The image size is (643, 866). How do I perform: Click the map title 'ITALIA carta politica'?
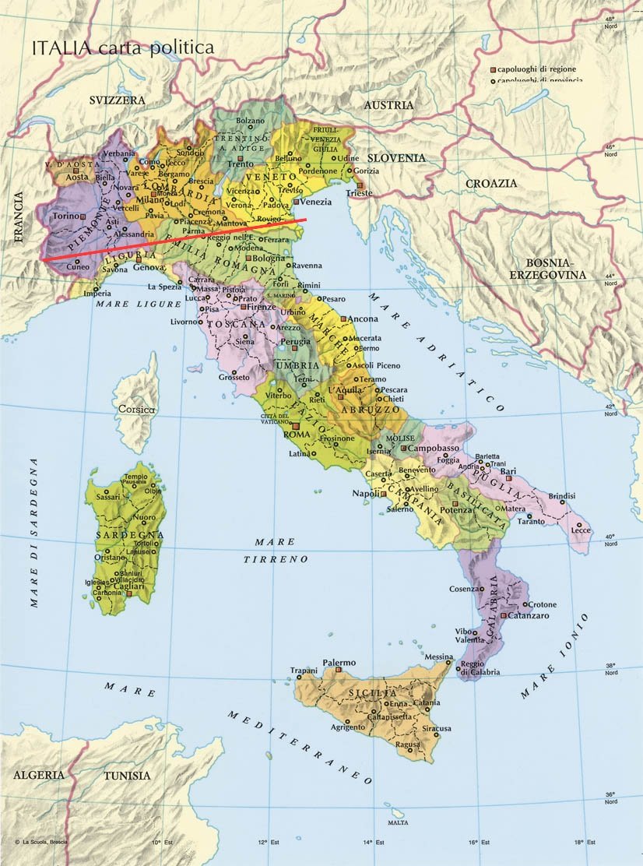(122, 48)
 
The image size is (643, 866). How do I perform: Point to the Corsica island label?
(137, 409)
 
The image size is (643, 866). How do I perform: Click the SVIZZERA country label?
(117, 100)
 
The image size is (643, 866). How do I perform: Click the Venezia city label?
(316, 202)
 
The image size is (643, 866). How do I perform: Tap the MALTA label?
(397, 823)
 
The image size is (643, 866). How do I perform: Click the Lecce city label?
(581, 530)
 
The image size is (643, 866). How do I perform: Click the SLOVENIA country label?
(396, 157)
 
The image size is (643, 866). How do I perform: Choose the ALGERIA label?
(37, 775)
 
